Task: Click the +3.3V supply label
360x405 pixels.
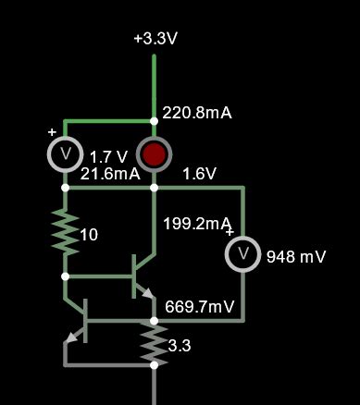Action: tap(155, 40)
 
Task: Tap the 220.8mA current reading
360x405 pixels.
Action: tap(196, 113)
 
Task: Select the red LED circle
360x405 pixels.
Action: tap(155, 154)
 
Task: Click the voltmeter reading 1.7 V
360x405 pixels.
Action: tap(65, 154)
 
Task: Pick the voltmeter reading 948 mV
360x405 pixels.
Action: tap(243, 253)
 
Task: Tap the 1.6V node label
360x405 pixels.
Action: tap(199, 173)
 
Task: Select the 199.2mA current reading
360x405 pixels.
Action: tap(196, 223)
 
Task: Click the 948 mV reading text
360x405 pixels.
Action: tap(296, 256)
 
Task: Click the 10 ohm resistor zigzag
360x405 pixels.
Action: tap(65, 232)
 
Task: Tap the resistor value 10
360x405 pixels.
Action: tap(89, 235)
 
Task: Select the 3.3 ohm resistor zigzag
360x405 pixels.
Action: tap(155, 342)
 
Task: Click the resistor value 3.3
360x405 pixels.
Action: tap(180, 346)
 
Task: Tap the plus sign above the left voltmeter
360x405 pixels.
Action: tap(52, 132)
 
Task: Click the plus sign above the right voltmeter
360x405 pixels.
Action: tap(230, 232)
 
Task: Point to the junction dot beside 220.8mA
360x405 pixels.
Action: tap(155, 120)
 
